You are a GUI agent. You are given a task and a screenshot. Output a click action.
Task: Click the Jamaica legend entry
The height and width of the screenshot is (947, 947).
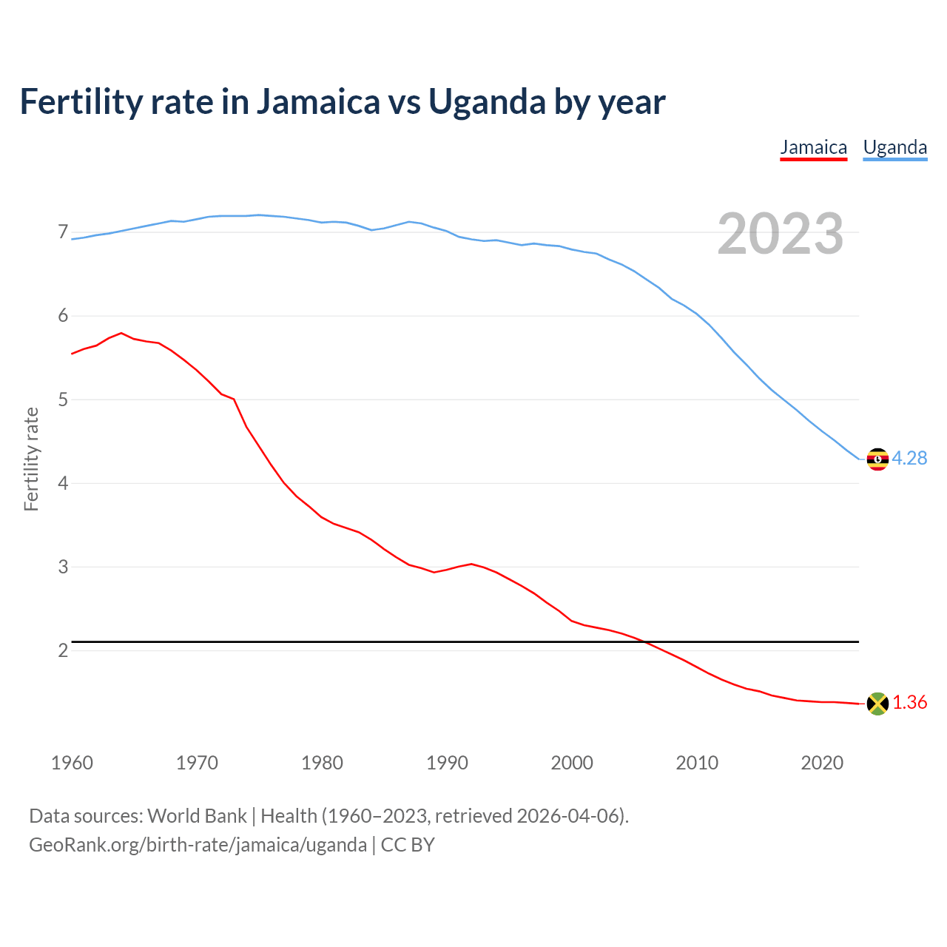[813, 147]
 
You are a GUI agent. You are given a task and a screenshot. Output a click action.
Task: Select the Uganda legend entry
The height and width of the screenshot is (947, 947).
[895, 147]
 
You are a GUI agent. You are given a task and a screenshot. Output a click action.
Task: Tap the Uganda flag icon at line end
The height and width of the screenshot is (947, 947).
[877, 459]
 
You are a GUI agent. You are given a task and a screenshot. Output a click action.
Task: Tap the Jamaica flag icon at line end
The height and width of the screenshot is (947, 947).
[877, 704]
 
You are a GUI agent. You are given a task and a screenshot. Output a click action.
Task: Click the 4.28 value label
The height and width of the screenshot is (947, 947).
[909, 459]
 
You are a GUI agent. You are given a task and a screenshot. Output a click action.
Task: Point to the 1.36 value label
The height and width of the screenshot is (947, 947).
[909, 703]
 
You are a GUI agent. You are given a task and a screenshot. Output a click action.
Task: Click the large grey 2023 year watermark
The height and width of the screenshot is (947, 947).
[781, 234]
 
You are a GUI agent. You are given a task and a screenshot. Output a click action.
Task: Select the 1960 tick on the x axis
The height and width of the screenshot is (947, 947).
[72, 763]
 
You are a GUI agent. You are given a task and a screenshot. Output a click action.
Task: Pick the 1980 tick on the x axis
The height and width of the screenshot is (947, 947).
[322, 763]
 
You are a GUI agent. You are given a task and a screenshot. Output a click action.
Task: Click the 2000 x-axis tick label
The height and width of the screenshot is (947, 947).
[572, 763]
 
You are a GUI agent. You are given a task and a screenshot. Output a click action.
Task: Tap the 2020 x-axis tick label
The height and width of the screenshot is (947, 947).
[822, 763]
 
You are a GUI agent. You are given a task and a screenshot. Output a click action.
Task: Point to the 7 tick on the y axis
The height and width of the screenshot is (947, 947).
[63, 232]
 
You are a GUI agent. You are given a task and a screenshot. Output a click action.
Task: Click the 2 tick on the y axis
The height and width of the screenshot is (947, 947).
[63, 650]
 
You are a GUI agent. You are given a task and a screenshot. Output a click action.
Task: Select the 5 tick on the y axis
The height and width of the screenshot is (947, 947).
[63, 400]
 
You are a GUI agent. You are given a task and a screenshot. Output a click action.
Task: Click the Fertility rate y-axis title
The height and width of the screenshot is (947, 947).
[31, 459]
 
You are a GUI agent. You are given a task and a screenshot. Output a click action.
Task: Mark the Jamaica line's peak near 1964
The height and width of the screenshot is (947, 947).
[121, 333]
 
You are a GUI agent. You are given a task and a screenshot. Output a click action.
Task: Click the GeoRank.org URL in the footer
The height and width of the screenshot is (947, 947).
[198, 845]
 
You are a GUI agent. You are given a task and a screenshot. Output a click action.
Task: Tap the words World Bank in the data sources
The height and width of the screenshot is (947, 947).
[197, 816]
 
